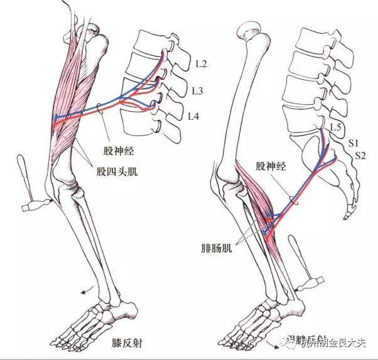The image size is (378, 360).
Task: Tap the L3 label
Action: (197, 92)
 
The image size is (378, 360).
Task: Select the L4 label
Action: (195, 117)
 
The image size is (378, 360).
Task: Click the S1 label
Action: (354, 144)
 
